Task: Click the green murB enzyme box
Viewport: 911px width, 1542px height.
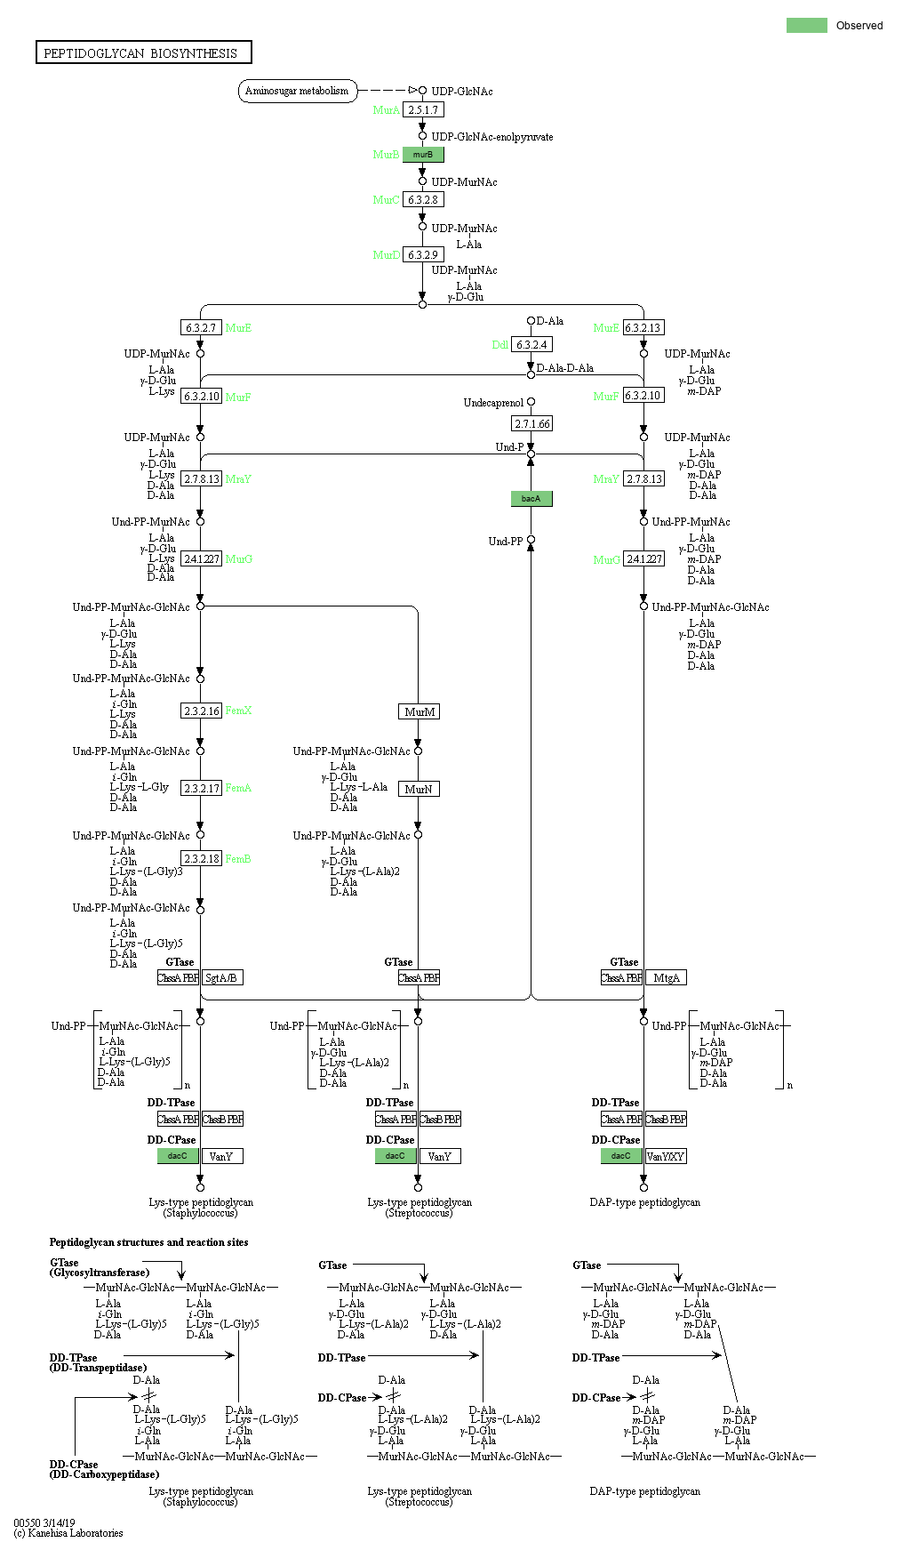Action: pos(423,155)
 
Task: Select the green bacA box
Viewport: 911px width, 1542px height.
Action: pos(531,499)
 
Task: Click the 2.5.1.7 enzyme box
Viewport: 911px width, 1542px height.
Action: pos(423,110)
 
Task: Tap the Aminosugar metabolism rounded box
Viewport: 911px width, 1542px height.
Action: pos(297,91)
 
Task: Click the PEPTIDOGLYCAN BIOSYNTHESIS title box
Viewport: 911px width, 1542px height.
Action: pos(143,53)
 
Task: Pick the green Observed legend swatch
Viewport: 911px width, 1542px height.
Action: pos(806,26)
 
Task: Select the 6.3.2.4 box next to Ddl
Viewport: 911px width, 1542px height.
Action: pos(531,345)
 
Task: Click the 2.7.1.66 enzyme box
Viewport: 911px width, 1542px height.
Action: pos(531,424)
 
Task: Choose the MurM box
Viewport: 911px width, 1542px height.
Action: pos(420,712)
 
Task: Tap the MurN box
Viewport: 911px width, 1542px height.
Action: pos(419,790)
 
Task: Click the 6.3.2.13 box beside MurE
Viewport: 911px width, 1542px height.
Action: pos(643,328)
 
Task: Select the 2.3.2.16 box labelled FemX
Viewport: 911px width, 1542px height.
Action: pos(201,711)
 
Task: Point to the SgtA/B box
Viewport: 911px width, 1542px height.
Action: pos(221,978)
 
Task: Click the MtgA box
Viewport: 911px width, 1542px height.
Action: pos(666,978)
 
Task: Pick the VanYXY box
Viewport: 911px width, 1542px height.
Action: pos(666,1157)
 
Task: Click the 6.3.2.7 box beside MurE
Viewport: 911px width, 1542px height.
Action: pos(201,328)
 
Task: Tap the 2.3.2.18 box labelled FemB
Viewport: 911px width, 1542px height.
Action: pos(201,859)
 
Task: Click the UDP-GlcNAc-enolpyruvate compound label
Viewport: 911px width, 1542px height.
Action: pos(491,137)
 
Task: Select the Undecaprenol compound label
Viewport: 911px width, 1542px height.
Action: pos(493,403)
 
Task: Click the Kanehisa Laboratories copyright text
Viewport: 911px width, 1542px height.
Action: pos(68,1533)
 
